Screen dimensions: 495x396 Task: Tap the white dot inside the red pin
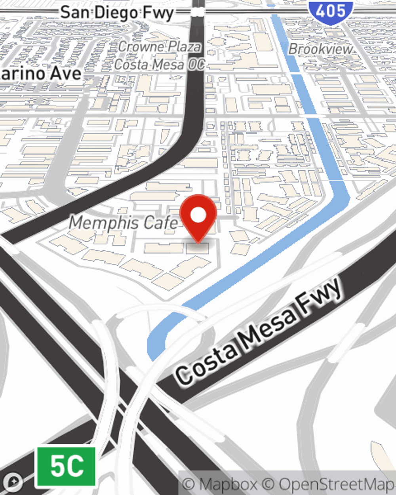pos(198,215)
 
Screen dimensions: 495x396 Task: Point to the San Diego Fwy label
pos(117,13)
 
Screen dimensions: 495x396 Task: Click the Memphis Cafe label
pos(124,223)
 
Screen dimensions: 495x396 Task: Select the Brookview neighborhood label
pos(320,49)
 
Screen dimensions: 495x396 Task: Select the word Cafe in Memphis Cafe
pos(162,223)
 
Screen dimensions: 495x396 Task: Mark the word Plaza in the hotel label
pos(183,47)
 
